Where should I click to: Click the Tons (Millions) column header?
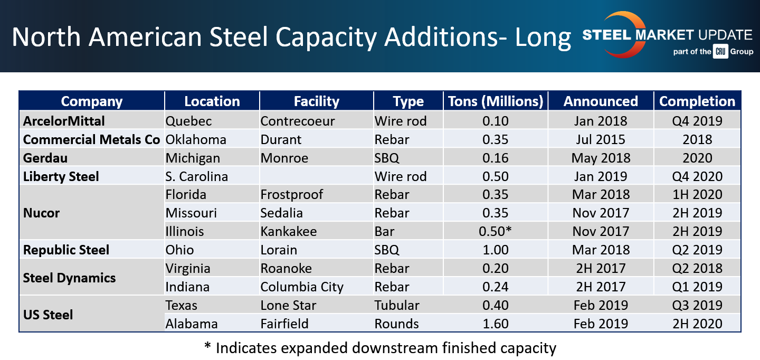(495, 101)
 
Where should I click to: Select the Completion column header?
(697, 101)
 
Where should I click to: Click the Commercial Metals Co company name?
(91, 139)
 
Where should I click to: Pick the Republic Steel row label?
(66, 250)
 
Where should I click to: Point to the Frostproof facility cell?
(292, 194)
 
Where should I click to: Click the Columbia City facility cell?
(302, 287)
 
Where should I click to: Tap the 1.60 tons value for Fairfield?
(495, 324)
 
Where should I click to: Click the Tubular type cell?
(397, 305)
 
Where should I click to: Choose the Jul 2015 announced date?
(601, 139)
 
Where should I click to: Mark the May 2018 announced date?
(601, 158)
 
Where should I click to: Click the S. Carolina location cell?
(196, 176)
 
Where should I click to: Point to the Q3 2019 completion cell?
(697, 305)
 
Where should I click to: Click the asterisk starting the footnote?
(207, 347)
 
